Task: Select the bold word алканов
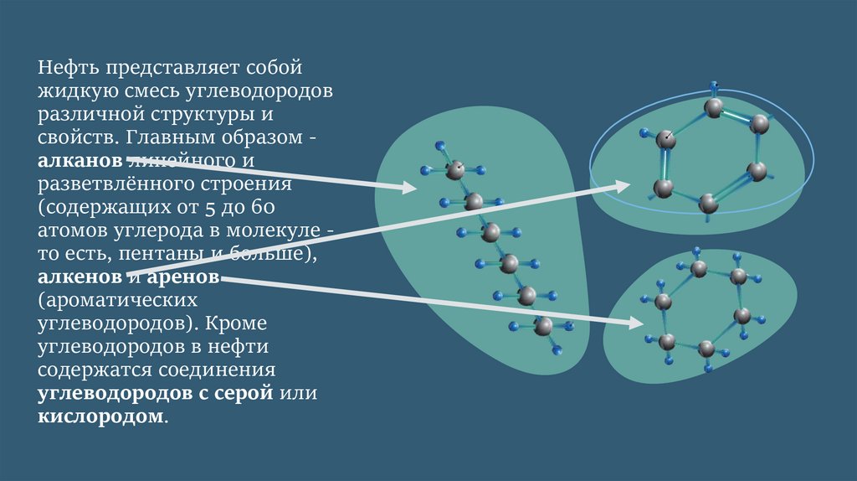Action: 80,158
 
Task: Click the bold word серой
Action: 247,392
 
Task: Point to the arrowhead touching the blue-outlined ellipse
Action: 624,184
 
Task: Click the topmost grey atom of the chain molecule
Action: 455,171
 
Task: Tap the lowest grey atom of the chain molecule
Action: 543,327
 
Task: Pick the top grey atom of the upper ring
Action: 713,107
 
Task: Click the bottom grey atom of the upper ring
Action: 708,203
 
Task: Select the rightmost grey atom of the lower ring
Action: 742,316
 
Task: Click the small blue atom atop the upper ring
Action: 714,85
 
